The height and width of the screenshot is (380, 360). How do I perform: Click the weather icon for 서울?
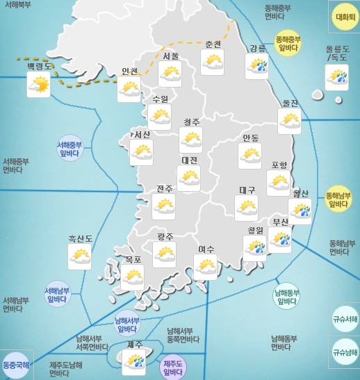coord(170,74)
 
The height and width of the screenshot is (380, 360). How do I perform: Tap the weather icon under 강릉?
coord(259,67)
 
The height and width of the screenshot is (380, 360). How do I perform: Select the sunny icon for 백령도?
coord(39,85)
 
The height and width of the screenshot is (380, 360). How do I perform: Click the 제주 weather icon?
coord(134,360)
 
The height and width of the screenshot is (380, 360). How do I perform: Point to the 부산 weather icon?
coord(280,240)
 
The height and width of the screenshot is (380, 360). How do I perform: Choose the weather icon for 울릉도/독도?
coord(337,77)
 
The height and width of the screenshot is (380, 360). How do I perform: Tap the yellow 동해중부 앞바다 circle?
coord(288,44)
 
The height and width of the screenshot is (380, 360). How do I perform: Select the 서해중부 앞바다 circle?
coord(70,150)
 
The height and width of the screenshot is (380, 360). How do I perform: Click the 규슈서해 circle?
coord(345,319)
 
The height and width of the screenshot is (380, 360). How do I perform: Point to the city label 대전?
coord(189,160)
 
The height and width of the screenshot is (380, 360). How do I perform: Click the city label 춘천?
coord(213,44)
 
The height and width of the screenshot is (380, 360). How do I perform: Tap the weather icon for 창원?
coord(255,247)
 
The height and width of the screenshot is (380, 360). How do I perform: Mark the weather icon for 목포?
coord(133,277)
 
